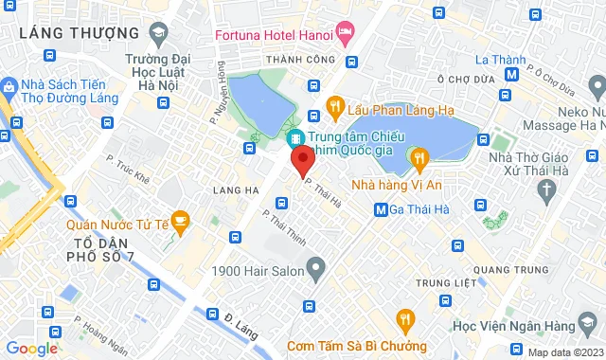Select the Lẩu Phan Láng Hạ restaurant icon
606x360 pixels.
pyautogui.click(x=334, y=105)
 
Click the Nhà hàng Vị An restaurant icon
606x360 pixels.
pyautogui.click(x=415, y=155)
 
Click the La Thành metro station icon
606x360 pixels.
pyautogui.click(x=511, y=73)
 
